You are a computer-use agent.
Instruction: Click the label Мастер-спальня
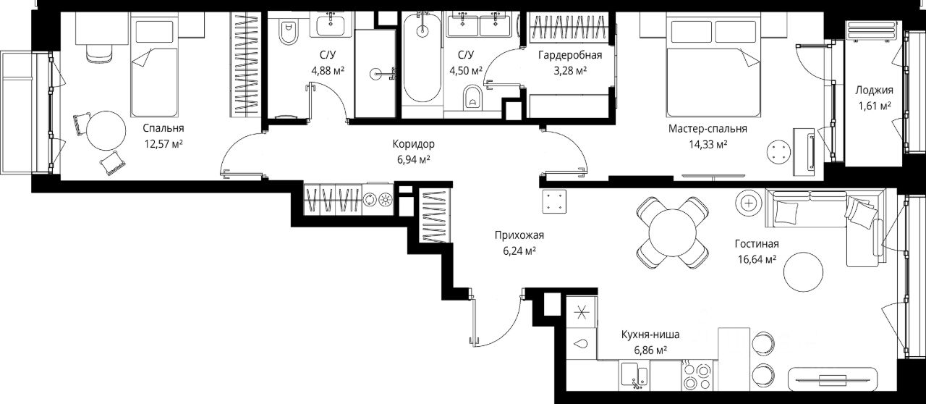pyautogui.click(x=708, y=129)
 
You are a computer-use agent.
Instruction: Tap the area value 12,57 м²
pyautogui.click(x=163, y=144)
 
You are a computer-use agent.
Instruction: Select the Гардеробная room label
pyautogui.click(x=570, y=55)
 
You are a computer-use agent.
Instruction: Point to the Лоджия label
pyautogui.click(x=875, y=91)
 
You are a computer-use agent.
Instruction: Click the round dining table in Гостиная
pyautogui.click(x=673, y=232)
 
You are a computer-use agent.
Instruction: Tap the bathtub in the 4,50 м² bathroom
pyautogui.click(x=422, y=57)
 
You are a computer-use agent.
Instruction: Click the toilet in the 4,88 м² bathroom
pyautogui.click(x=289, y=33)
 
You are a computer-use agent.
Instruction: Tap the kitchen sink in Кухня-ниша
pyautogui.click(x=634, y=375)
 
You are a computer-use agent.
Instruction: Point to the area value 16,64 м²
pyautogui.click(x=757, y=259)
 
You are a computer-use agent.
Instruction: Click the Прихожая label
pyautogui.click(x=519, y=235)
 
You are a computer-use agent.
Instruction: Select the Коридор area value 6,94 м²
pyautogui.click(x=413, y=160)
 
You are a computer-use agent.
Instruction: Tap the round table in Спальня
pyautogui.click(x=106, y=131)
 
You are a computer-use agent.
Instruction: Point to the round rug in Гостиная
pyautogui.click(x=803, y=272)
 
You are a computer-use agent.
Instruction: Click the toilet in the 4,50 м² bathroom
pyautogui.click(x=472, y=97)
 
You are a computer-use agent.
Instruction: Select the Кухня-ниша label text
pyautogui.click(x=650, y=334)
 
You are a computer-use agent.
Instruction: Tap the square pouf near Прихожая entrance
pyautogui.click(x=554, y=201)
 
